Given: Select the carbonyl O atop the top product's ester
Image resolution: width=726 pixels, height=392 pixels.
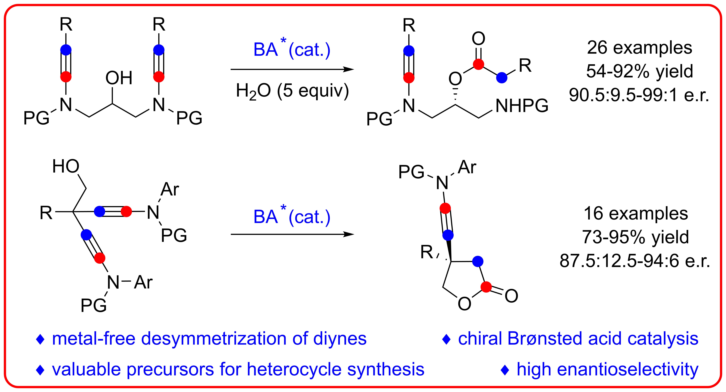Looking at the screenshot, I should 478,39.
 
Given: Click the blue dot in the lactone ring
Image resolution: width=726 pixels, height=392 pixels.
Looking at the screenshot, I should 477,261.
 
